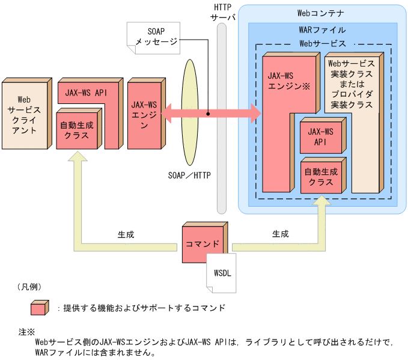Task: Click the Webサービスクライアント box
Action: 23,114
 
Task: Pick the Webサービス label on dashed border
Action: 322,43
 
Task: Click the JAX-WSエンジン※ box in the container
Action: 282,120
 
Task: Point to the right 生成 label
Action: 280,234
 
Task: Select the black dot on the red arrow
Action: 208,112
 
